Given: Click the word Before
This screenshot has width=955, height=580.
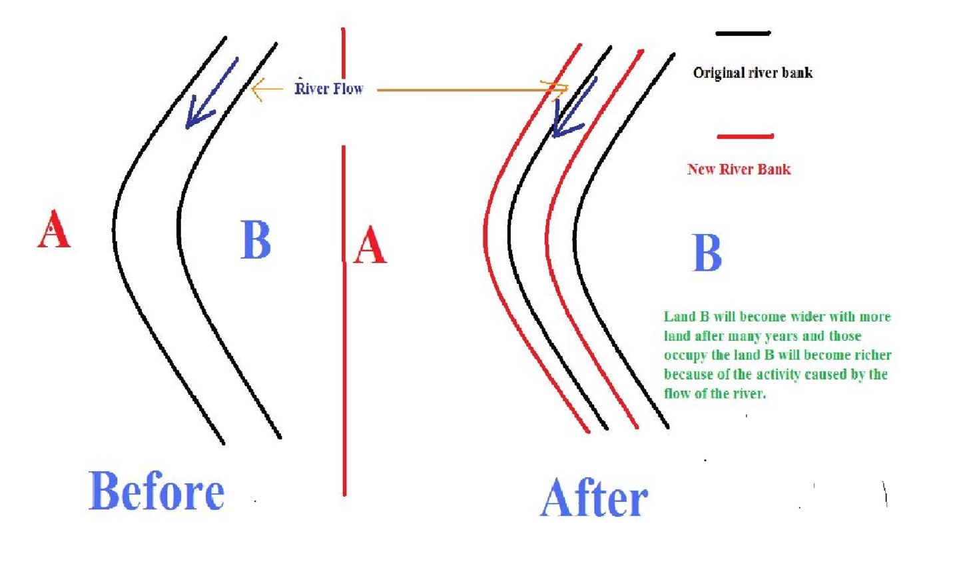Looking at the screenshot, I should tap(157, 491).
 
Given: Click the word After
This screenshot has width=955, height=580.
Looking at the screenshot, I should tap(593, 498).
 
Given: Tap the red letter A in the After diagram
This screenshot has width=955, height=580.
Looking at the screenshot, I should tap(370, 245).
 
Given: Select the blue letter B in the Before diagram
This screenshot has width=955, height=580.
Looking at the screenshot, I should tap(256, 239).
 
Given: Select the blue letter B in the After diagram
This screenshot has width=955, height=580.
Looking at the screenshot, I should tap(707, 253).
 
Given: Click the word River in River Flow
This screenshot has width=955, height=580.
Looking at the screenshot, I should tap(312, 89).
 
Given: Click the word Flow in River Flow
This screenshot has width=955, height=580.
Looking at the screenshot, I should tap(348, 89).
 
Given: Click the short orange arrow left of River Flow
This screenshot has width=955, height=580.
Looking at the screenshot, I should tap(267, 89).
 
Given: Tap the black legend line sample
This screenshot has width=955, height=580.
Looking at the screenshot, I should tap(743, 33).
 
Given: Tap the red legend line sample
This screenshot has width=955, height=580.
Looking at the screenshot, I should tap(745, 137).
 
